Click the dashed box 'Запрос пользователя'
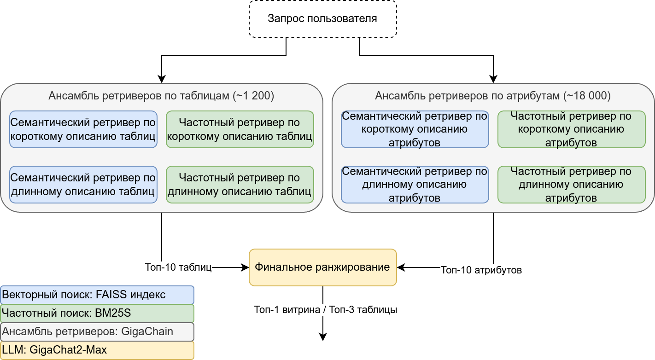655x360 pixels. point(322,19)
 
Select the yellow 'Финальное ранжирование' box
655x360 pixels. point(322,267)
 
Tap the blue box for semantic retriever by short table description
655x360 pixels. point(83,129)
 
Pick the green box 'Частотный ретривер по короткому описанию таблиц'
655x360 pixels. point(240,129)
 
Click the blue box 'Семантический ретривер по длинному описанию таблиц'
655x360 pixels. point(83,184)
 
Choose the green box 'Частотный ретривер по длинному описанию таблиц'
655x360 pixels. point(240,184)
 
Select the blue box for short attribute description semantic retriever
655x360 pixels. point(415,129)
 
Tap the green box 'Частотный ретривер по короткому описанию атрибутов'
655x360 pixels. point(571,129)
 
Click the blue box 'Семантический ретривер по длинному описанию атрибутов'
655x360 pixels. point(415,184)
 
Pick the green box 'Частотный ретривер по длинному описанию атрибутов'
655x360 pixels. point(571,184)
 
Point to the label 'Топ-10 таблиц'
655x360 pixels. point(178,267)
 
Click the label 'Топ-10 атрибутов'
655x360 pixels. point(481,270)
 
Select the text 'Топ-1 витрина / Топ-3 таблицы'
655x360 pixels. point(325,310)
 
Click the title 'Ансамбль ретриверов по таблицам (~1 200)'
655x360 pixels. point(161,96)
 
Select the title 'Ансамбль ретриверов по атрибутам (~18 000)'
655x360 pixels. point(493,96)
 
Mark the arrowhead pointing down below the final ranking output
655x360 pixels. point(322,337)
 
